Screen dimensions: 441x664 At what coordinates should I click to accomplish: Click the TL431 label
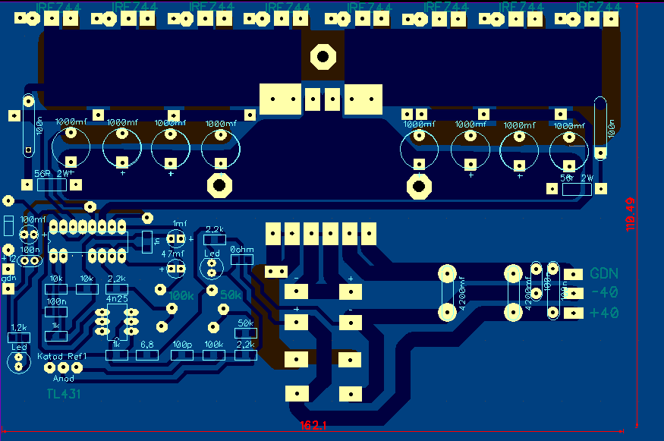pyautogui.click(x=63, y=394)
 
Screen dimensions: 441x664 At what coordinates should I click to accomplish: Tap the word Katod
pyautogui.click(x=49, y=356)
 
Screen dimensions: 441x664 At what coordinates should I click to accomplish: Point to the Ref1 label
pyautogui.click(x=77, y=356)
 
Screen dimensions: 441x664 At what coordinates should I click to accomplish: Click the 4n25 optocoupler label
pyautogui.click(x=116, y=299)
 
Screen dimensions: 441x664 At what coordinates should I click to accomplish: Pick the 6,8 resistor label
pyautogui.click(x=147, y=345)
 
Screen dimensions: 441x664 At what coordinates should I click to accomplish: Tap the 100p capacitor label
pyautogui.click(x=182, y=345)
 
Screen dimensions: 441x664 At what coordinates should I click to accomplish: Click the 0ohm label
pyautogui.click(x=241, y=250)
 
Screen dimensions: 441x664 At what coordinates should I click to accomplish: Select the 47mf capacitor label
pyautogui.click(x=173, y=255)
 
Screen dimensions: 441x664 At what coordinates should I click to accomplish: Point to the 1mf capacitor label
pyautogui.click(x=179, y=223)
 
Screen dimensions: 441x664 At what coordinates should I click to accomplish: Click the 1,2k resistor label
pyautogui.click(x=18, y=327)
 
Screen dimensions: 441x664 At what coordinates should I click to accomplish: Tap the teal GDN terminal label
pyautogui.click(x=604, y=274)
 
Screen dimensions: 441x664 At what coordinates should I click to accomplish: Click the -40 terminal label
pyautogui.click(x=604, y=293)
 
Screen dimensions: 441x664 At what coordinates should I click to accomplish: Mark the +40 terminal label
pyautogui.click(x=604, y=313)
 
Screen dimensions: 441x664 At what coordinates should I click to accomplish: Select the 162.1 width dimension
pyautogui.click(x=313, y=427)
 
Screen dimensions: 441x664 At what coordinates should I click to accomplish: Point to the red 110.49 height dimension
pyautogui.click(x=630, y=215)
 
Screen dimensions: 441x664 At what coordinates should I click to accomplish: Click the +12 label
pyautogui.click(x=9, y=258)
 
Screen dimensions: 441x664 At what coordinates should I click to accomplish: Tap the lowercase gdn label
pyautogui.click(x=9, y=279)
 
